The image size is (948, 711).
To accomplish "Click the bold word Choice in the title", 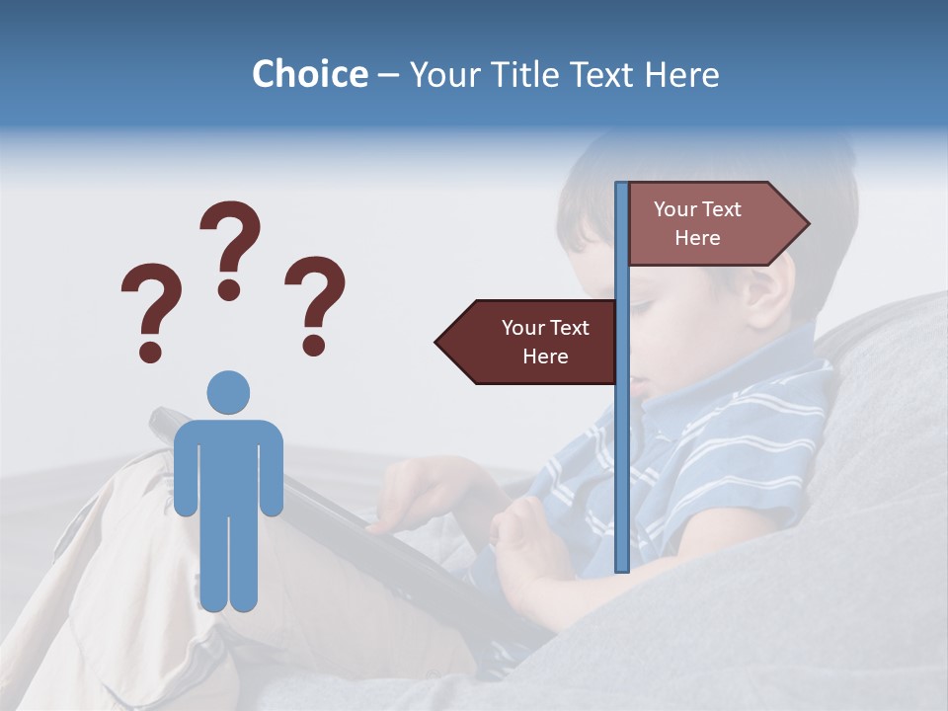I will pos(309,74).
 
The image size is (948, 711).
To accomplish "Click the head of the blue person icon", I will pos(228,392).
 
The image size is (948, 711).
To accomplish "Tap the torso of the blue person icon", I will pos(228,464).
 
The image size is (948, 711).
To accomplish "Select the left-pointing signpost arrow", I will pos(529,342).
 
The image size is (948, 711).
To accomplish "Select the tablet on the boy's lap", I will pos(326,523).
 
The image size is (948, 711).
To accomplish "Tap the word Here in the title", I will pos(681,74).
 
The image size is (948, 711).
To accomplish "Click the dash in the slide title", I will pos(388,75).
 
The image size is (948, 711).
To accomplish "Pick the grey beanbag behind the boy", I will pos(869,444).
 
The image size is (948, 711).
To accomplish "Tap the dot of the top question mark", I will pos(229,289).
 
